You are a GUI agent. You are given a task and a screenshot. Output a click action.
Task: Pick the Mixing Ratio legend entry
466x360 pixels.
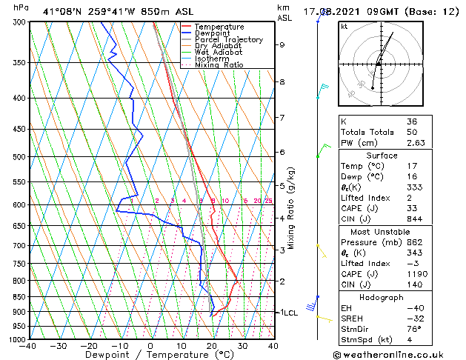[x=219, y=65]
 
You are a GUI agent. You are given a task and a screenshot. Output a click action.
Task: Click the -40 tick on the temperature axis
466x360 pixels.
[x=29, y=346]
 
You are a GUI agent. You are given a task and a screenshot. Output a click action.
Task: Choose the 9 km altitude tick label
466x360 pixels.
[x=282, y=44]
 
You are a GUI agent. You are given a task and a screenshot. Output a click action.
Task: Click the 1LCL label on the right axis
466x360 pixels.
[x=287, y=313]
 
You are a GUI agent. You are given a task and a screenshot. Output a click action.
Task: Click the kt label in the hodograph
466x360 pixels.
[x=344, y=27]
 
